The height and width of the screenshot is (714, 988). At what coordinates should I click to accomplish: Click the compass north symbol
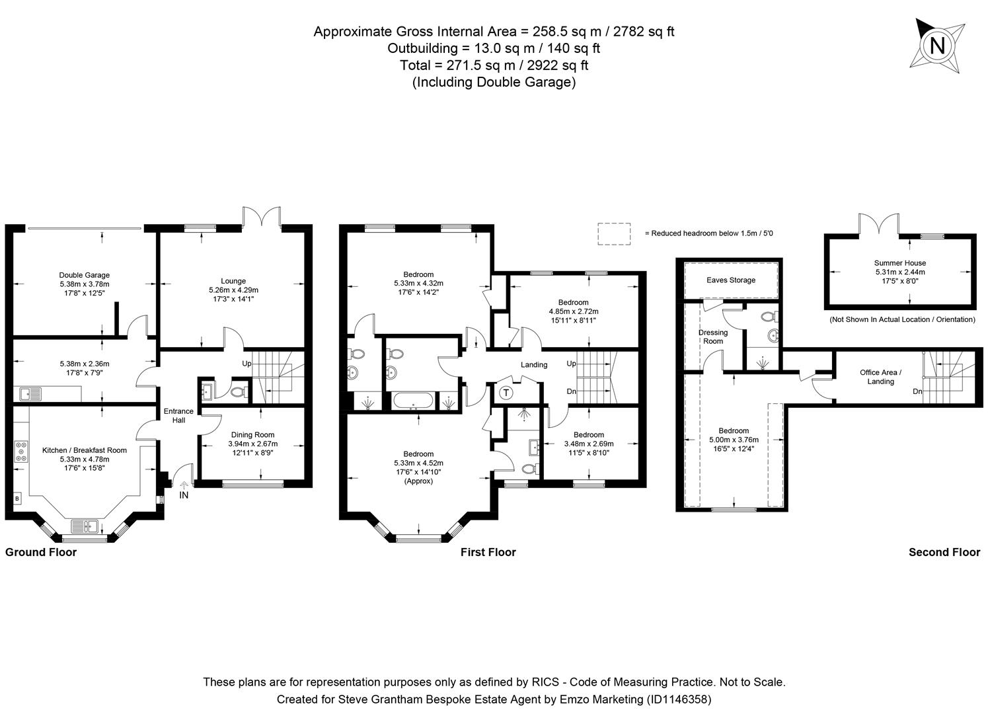[x=937, y=45]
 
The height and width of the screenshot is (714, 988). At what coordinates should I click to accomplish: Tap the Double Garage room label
[x=84, y=275]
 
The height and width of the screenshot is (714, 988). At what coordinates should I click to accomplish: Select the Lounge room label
[x=233, y=281]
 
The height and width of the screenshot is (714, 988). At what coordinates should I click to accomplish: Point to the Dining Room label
[x=252, y=434]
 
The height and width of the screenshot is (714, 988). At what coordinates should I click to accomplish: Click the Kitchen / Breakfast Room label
[x=84, y=450]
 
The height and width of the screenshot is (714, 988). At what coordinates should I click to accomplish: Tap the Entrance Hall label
[x=178, y=416]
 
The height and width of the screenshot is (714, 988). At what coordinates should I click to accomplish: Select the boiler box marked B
[x=17, y=498]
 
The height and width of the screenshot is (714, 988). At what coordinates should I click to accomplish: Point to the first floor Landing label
[x=534, y=365]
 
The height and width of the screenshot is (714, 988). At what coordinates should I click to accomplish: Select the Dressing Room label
[x=712, y=337]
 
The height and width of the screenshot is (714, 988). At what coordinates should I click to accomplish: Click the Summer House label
[x=899, y=263]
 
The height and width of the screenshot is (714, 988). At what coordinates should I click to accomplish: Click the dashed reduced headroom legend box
[x=614, y=233]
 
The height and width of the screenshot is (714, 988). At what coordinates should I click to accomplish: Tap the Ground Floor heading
[x=41, y=553]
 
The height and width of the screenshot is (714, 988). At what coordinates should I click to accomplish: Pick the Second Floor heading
[x=944, y=553]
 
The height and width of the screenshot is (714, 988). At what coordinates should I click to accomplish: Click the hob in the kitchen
[x=20, y=451]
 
